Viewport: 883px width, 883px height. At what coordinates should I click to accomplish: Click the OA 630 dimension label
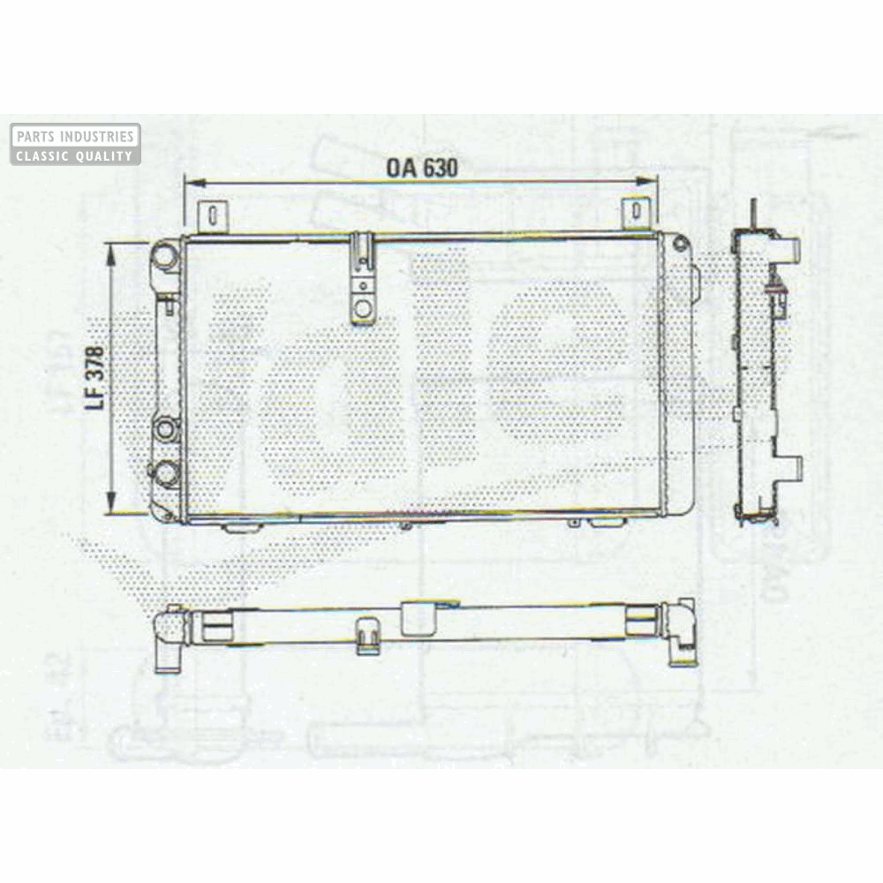(x=421, y=168)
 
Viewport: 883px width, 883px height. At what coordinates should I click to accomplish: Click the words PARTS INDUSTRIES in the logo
(x=75, y=137)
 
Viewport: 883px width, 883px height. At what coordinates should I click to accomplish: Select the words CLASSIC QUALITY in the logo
(x=75, y=155)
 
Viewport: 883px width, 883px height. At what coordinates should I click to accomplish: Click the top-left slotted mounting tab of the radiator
(x=212, y=216)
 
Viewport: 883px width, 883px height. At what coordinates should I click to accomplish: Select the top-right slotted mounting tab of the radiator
(x=636, y=215)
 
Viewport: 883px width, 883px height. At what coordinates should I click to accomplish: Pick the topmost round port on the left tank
(x=164, y=257)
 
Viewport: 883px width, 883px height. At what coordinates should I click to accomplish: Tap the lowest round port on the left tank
(x=165, y=472)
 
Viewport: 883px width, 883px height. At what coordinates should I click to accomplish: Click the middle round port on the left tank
(x=165, y=430)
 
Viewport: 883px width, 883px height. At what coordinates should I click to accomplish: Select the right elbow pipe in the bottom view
(x=681, y=631)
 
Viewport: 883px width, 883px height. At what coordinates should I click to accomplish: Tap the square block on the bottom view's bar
(x=419, y=618)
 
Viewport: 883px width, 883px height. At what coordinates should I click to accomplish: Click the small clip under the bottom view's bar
(x=368, y=638)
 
